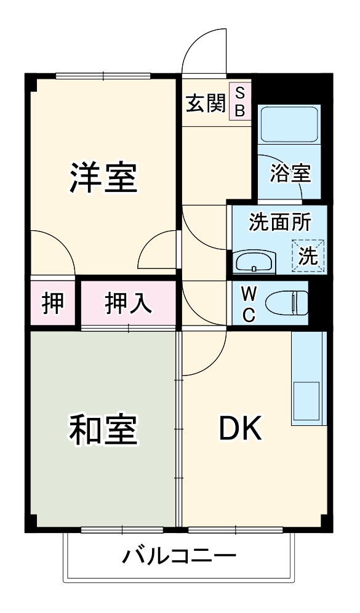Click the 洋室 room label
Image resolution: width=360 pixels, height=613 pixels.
(103, 177)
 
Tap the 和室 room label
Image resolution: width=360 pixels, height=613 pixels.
(102, 430)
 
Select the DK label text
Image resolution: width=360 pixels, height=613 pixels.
(241, 429)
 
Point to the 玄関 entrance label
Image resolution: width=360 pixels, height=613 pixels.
(206, 103)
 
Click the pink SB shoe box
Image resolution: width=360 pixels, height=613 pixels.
(240, 102)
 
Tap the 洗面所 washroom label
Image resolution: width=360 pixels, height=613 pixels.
(279, 223)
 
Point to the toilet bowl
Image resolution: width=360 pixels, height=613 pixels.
(287, 302)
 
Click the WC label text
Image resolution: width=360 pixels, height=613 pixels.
(249, 303)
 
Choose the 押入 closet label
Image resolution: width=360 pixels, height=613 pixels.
(128, 303)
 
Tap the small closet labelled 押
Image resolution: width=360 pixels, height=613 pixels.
(53, 303)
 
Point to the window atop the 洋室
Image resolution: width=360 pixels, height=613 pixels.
(103, 76)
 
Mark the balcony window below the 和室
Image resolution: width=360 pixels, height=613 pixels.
(122, 530)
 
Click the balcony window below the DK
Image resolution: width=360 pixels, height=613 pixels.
(235, 530)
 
